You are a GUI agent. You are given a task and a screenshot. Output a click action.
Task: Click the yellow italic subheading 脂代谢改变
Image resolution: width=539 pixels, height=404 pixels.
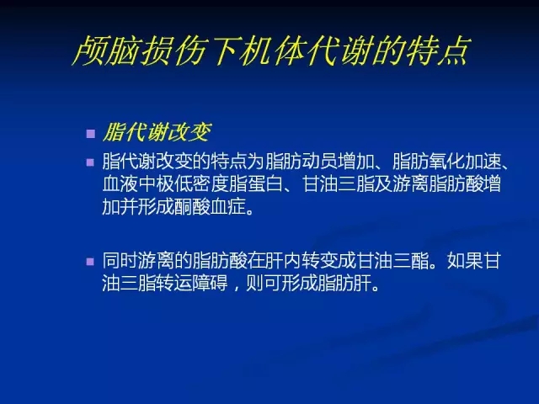pos(157,132)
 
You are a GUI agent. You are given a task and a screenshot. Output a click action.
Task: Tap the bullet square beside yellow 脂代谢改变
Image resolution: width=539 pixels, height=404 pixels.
pos(91,134)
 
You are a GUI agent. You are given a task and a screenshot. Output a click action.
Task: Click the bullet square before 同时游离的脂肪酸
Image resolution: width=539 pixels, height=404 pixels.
pos(90,262)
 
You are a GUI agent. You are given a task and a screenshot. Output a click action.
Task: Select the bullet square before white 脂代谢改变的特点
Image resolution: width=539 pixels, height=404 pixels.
pos(90,162)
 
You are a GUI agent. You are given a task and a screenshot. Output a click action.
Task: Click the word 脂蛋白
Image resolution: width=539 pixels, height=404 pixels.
pos(256,183)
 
